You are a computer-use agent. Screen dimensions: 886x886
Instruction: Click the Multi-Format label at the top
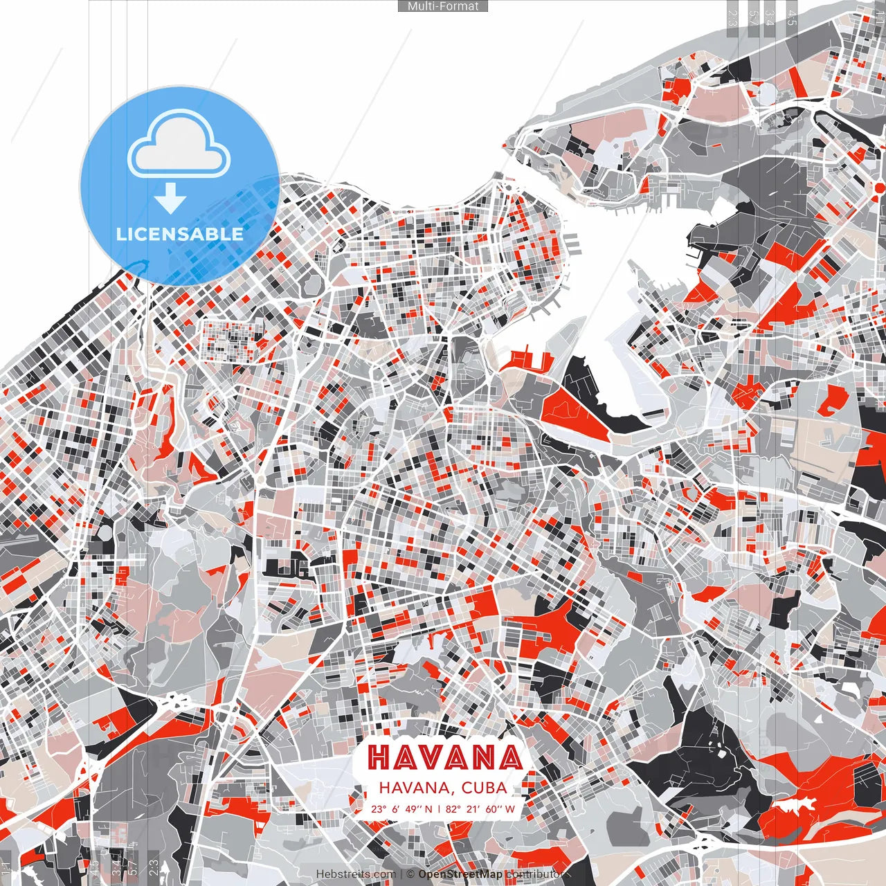coord(443,6)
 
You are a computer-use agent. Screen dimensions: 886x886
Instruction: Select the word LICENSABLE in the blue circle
coord(180,234)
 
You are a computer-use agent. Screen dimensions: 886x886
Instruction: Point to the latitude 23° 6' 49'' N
coord(401,808)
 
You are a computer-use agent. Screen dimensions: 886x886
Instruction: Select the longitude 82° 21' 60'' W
coord(480,808)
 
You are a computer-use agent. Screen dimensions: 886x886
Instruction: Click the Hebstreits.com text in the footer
coord(356,874)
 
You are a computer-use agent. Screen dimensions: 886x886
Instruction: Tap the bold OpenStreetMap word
coord(460,874)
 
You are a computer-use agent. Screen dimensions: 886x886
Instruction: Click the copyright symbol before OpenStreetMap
coord(410,874)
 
